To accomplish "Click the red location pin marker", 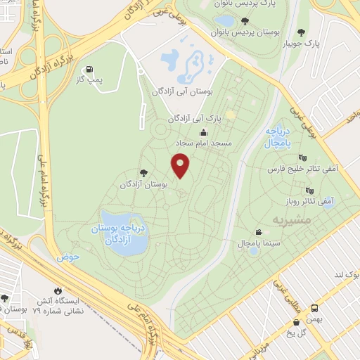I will tap(181, 165).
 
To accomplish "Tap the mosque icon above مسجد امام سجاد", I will tap(204, 132).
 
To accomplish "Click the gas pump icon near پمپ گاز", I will tap(89, 70).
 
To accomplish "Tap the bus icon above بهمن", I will tap(314, 308).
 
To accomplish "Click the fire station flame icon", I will tap(58, 290).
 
